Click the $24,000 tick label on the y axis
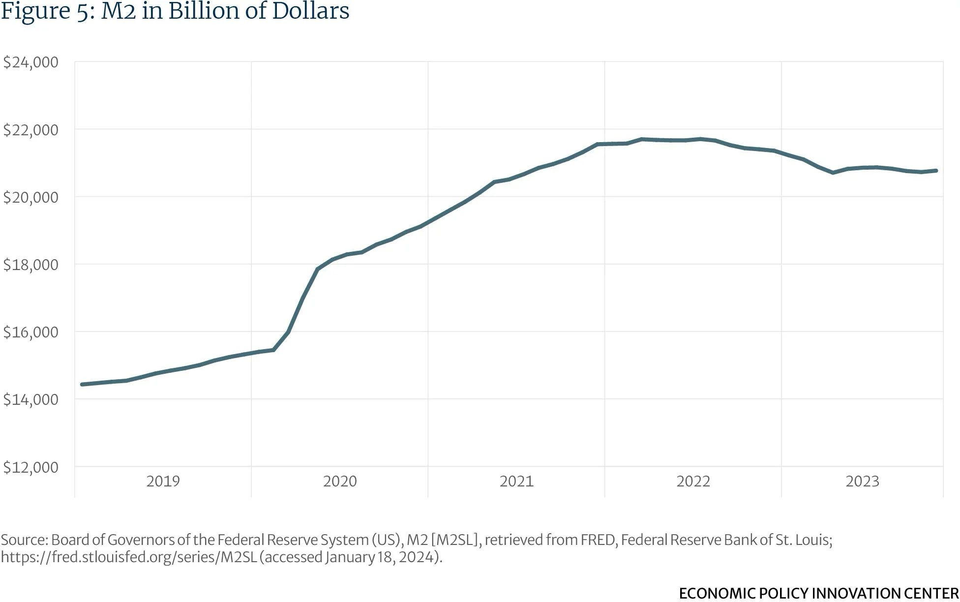(x=30, y=62)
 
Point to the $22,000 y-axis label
(x=30, y=130)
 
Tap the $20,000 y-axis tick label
(x=30, y=197)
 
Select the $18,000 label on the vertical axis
(x=30, y=265)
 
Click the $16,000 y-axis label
(x=30, y=332)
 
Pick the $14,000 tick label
(x=30, y=399)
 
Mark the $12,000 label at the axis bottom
(x=30, y=467)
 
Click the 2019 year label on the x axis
(x=163, y=481)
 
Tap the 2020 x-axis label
(x=340, y=481)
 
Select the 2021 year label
(x=516, y=481)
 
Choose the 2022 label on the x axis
(x=693, y=481)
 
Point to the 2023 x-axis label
(x=862, y=481)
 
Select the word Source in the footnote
(x=23, y=540)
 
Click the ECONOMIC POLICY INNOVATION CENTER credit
(x=818, y=593)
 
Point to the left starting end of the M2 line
(x=82, y=384)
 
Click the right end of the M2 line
(x=936, y=171)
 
